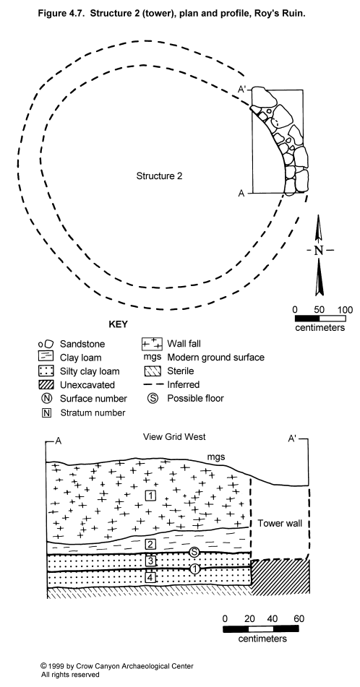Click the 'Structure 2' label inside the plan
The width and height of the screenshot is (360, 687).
coord(159,176)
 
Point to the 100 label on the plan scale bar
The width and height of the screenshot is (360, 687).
coord(345,310)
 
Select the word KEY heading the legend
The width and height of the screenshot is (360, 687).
coord(118,324)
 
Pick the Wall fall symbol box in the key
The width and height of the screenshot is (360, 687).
coord(152,345)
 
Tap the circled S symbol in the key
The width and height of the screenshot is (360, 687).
coord(153,399)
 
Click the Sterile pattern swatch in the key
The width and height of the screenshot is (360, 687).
coord(152,371)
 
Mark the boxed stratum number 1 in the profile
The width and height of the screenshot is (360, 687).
coord(150,496)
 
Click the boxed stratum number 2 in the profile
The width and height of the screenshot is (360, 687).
coord(150,545)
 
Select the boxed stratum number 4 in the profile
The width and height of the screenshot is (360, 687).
coord(150,578)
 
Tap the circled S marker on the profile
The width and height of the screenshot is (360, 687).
coord(194,553)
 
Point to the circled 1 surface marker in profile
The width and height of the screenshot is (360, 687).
coord(195,569)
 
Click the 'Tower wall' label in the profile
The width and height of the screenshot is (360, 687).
coord(280,523)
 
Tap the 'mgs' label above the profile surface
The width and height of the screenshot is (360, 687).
coord(216,458)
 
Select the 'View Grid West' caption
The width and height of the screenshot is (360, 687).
coord(174,437)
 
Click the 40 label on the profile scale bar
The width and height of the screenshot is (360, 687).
coord(272,619)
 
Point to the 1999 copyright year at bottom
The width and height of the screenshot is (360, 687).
coord(56,666)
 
